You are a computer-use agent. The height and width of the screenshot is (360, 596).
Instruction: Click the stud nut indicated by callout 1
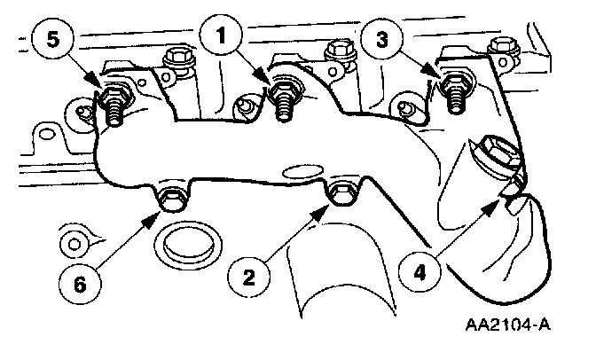285,89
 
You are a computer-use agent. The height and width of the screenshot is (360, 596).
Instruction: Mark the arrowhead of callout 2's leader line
329,201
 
